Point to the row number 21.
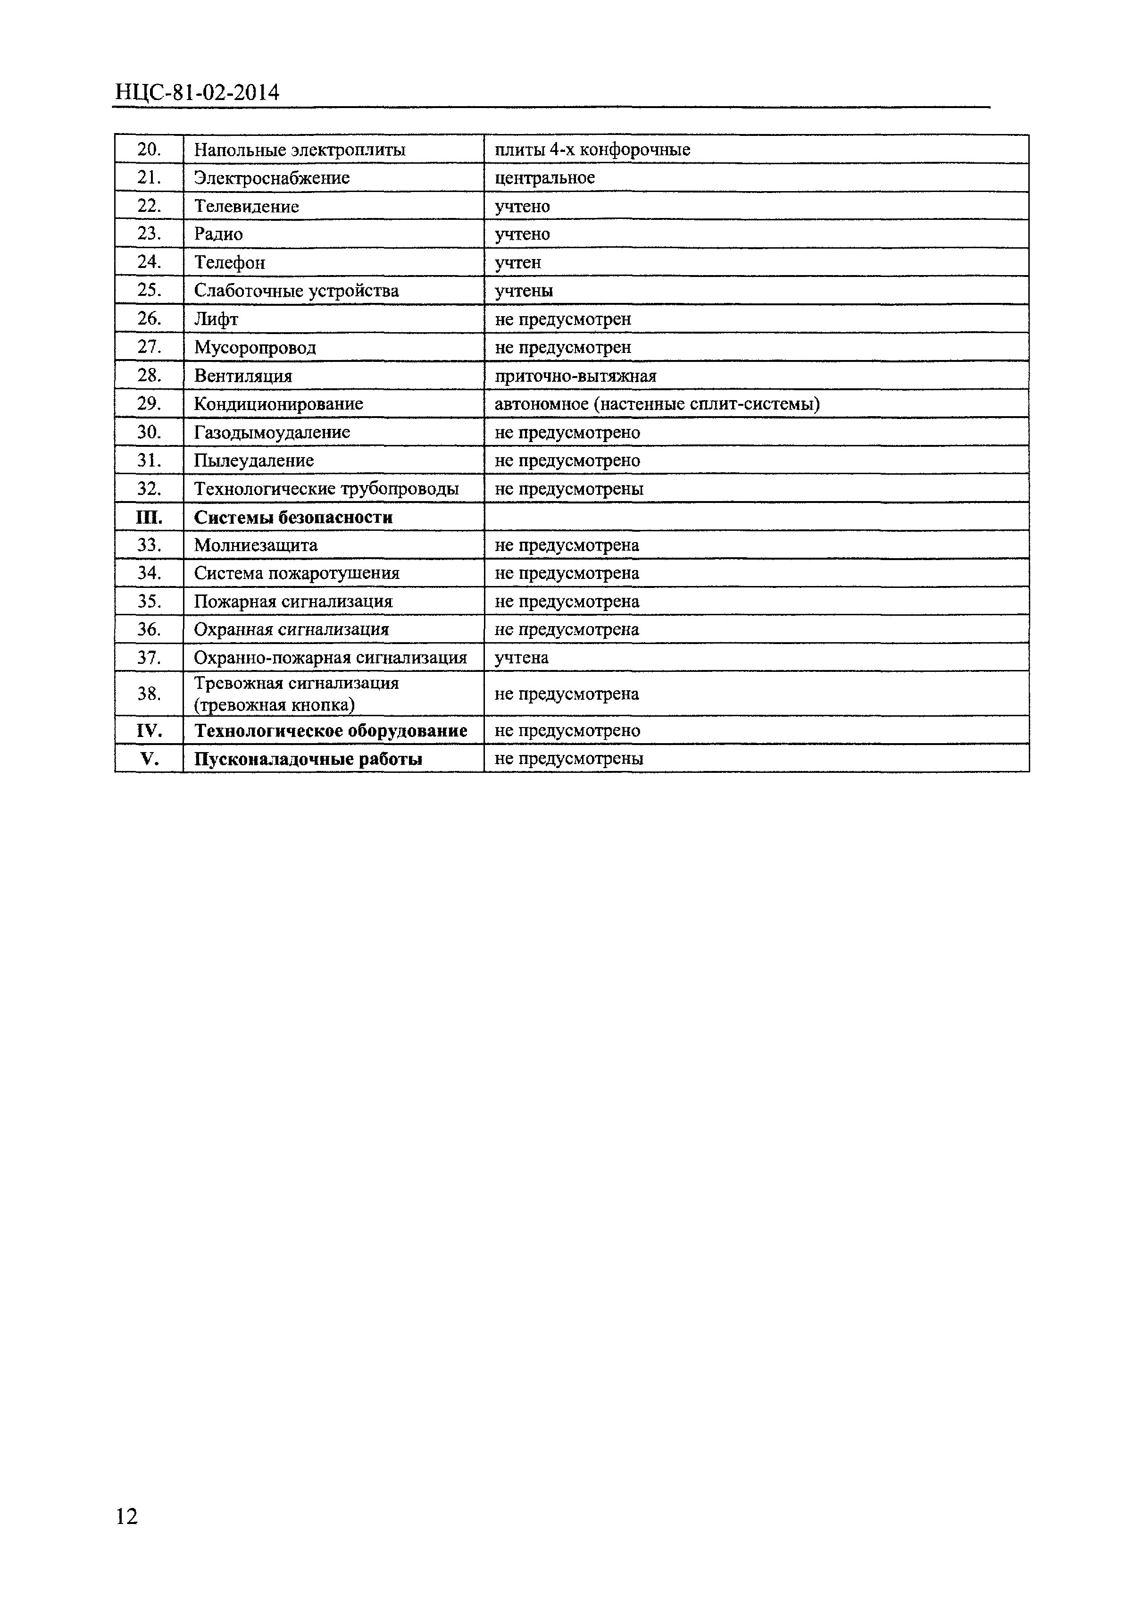[149, 178]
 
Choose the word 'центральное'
[545, 178]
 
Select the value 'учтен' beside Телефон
[518, 262]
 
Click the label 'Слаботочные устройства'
[296, 291]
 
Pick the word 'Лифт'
[216, 319]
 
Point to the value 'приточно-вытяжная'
[575, 376]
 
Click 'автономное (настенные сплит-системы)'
[657, 404]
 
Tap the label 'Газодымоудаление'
[272, 432]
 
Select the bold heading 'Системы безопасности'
[293, 517]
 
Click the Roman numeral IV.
[149, 730]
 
